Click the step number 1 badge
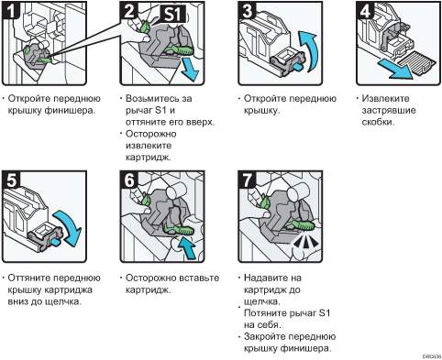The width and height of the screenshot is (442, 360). (x=11, y=10)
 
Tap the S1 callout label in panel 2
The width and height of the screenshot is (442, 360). (x=172, y=14)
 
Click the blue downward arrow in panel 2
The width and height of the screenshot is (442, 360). (x=189, y=70)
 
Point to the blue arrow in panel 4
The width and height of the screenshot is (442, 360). (x=395, y=69)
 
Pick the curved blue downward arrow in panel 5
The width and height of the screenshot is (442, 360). (x=68, y=227)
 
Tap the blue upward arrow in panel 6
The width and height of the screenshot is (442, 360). (x=187, y=248)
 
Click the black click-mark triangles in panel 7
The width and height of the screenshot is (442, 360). (x=304, y=242)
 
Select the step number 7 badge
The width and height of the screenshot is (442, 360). (x=247, y=180)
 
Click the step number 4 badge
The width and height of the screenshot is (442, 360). (x=365, y=11)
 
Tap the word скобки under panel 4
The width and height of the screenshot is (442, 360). (x=378, y=122)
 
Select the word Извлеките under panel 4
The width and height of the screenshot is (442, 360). (x=385, y=99)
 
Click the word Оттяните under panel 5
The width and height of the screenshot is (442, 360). (x=29, y=278)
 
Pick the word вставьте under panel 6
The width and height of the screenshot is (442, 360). (x=199, y=278)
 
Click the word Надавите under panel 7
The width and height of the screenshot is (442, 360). (x=266, y=278)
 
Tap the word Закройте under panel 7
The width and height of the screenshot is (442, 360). (x=267, y=337)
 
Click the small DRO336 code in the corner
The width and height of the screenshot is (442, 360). (x=432, y=356)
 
